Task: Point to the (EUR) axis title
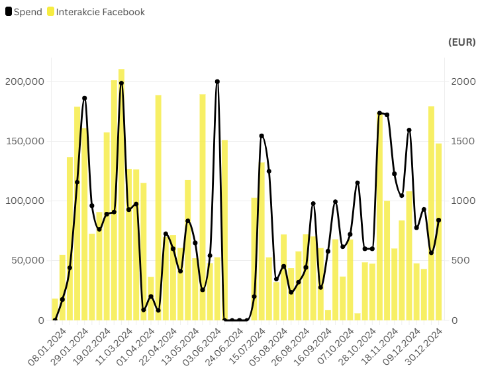click(461, 42)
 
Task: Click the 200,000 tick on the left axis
click(24, 81)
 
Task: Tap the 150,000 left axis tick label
click(24, 141)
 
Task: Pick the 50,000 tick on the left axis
click(27, 260)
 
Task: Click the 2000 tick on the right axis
click(463, 81)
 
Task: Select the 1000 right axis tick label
click(463, 201)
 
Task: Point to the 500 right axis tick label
click(461, 260)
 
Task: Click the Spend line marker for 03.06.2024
click(217, 81)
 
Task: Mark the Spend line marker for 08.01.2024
click(55, 320)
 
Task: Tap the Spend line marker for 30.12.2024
click(438, 220)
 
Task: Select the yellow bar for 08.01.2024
click(55, 309)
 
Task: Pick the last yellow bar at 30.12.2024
click(438, 232)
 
